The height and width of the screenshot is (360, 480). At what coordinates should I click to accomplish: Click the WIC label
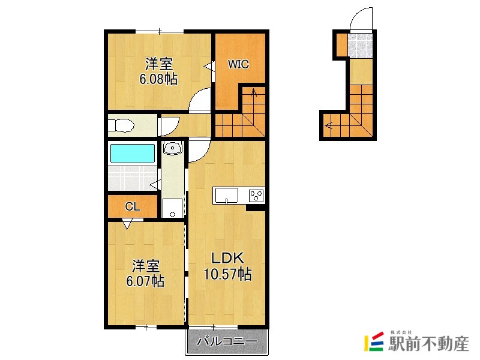pos(238,64)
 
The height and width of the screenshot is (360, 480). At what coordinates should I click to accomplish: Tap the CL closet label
pos(133,206)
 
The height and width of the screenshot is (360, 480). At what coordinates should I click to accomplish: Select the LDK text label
pos(228,259)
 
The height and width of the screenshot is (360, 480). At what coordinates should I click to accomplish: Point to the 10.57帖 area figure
pos(228,274)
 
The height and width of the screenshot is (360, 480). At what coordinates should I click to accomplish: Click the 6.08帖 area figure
pos(158,79)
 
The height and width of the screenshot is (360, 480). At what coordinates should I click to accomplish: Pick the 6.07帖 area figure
pos(145,281)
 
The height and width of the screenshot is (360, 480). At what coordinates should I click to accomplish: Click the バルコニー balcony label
pos(227,341)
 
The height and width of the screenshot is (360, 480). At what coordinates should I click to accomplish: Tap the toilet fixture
pos(121,125)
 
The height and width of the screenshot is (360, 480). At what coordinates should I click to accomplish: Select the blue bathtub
pos(133,154)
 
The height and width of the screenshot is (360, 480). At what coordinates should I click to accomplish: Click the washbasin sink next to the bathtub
pos(173,148)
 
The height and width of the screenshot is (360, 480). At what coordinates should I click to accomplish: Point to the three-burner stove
pos(256,196)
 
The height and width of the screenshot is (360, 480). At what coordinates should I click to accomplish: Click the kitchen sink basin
pos(227,196)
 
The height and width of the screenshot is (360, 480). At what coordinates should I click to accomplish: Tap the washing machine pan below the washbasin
pos(173,208)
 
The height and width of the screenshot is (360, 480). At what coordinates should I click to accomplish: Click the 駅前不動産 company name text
pos(429,344)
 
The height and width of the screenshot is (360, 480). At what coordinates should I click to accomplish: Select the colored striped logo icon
pos(374,342)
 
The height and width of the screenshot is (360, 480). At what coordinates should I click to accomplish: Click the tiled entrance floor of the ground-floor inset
pos(361,45)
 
